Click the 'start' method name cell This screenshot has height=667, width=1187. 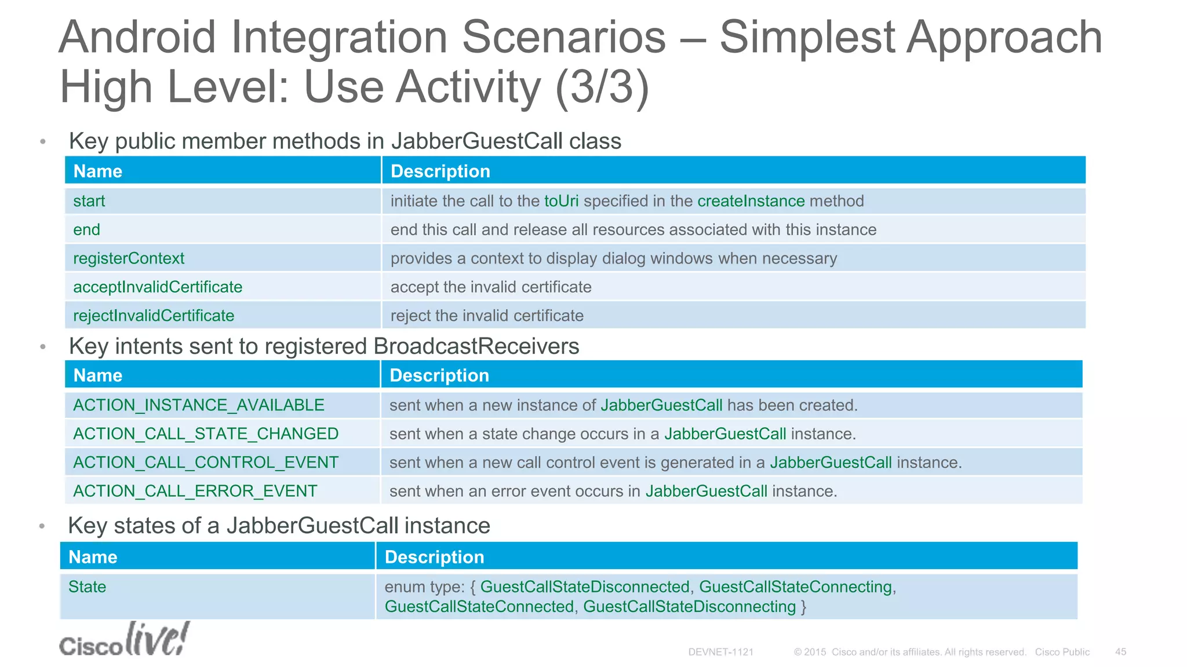(x=89, y=201)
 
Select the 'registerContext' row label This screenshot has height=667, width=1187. (x=129, y=258)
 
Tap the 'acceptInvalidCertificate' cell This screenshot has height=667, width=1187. (x=158, y=287)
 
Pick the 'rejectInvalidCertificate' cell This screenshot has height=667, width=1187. (x=154, y=316)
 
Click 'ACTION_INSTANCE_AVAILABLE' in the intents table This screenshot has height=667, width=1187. (x=199, y=405)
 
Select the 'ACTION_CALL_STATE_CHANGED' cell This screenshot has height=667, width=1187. (x=206, y=434)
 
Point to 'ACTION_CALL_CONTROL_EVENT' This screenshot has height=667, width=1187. (x=206, y=463)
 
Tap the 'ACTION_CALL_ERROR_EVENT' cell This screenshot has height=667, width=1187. (x=195, y=491)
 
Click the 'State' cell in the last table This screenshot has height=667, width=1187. (x=88, y=587)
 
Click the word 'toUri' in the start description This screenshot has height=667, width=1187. (x=561, y=201)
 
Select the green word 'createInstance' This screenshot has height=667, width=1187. (x=751, y=201)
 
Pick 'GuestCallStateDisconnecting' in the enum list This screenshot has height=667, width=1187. (x=689, y=607)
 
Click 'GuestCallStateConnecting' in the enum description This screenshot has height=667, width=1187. (x=795, y=587)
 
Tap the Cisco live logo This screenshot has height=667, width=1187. (x=124, y=640)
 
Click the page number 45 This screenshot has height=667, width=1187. (x=1120, y=652)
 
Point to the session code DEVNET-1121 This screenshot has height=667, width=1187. (x=720, y=652)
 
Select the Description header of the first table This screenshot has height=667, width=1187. (x=440, y=171)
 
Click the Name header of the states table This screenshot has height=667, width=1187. (x=93, y=557)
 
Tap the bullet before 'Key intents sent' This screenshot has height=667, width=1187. (x=42, y=347)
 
